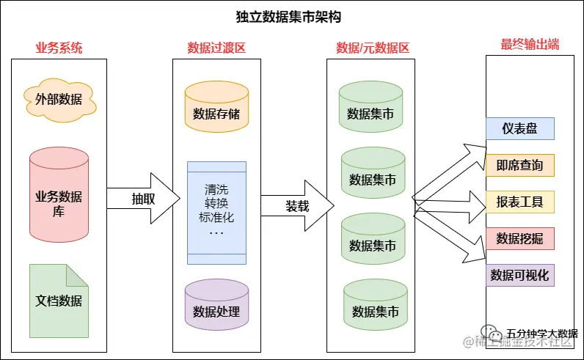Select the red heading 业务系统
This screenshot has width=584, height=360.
click(59, 48)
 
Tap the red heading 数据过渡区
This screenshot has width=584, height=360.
click(216, 48)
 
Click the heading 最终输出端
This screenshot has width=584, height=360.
click(530, 44)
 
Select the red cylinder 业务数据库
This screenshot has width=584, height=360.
click(59, 193)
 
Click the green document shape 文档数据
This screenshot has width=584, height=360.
click(59, 301)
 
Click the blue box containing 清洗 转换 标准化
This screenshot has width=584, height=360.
click(216, 212)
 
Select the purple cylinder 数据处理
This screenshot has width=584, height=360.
click(216, 309)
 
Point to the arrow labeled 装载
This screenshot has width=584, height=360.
click(297, 206)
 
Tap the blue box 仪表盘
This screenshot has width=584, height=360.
click(519, 129)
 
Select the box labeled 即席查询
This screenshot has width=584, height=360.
click(519, 166)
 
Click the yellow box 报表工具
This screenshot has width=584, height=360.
click(519, 202)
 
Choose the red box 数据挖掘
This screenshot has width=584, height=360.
click(519, 238)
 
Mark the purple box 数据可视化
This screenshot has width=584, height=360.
click(519, 275)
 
